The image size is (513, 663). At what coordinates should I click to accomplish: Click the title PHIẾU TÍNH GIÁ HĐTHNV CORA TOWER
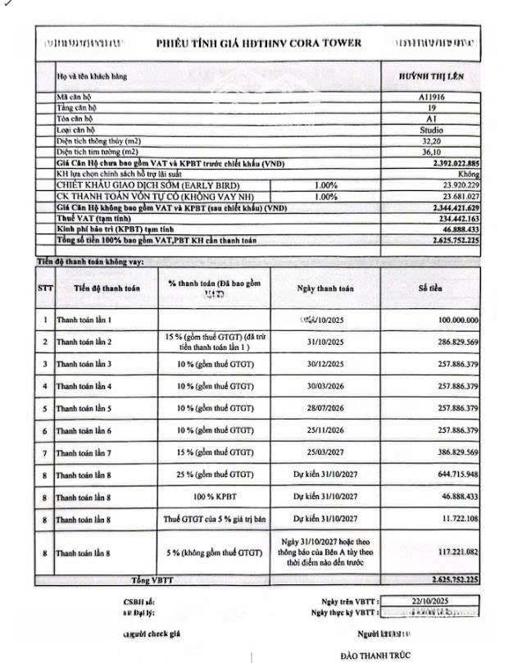click(x=257, y=43)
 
